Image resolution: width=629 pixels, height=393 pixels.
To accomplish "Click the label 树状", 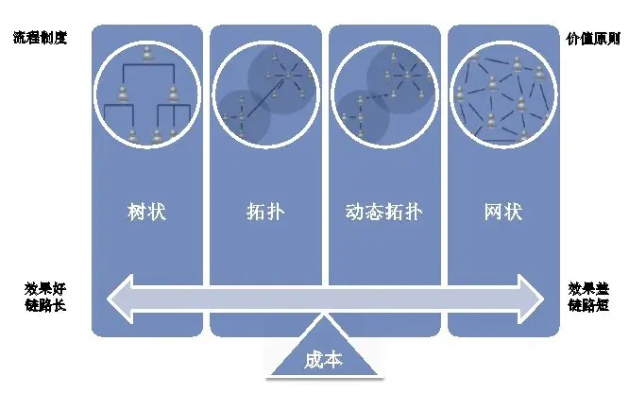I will (145, 211).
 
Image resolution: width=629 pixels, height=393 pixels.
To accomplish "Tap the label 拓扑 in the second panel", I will (265, 211).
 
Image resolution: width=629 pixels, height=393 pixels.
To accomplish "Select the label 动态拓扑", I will (384, 211).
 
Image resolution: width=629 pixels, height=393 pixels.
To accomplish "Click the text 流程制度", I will (41, 40).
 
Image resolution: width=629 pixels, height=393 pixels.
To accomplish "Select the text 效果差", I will (588, 287).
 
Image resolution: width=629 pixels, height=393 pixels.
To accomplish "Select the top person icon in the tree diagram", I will (147, 56).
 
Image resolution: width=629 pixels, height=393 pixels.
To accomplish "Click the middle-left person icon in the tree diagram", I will (123, 94).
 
